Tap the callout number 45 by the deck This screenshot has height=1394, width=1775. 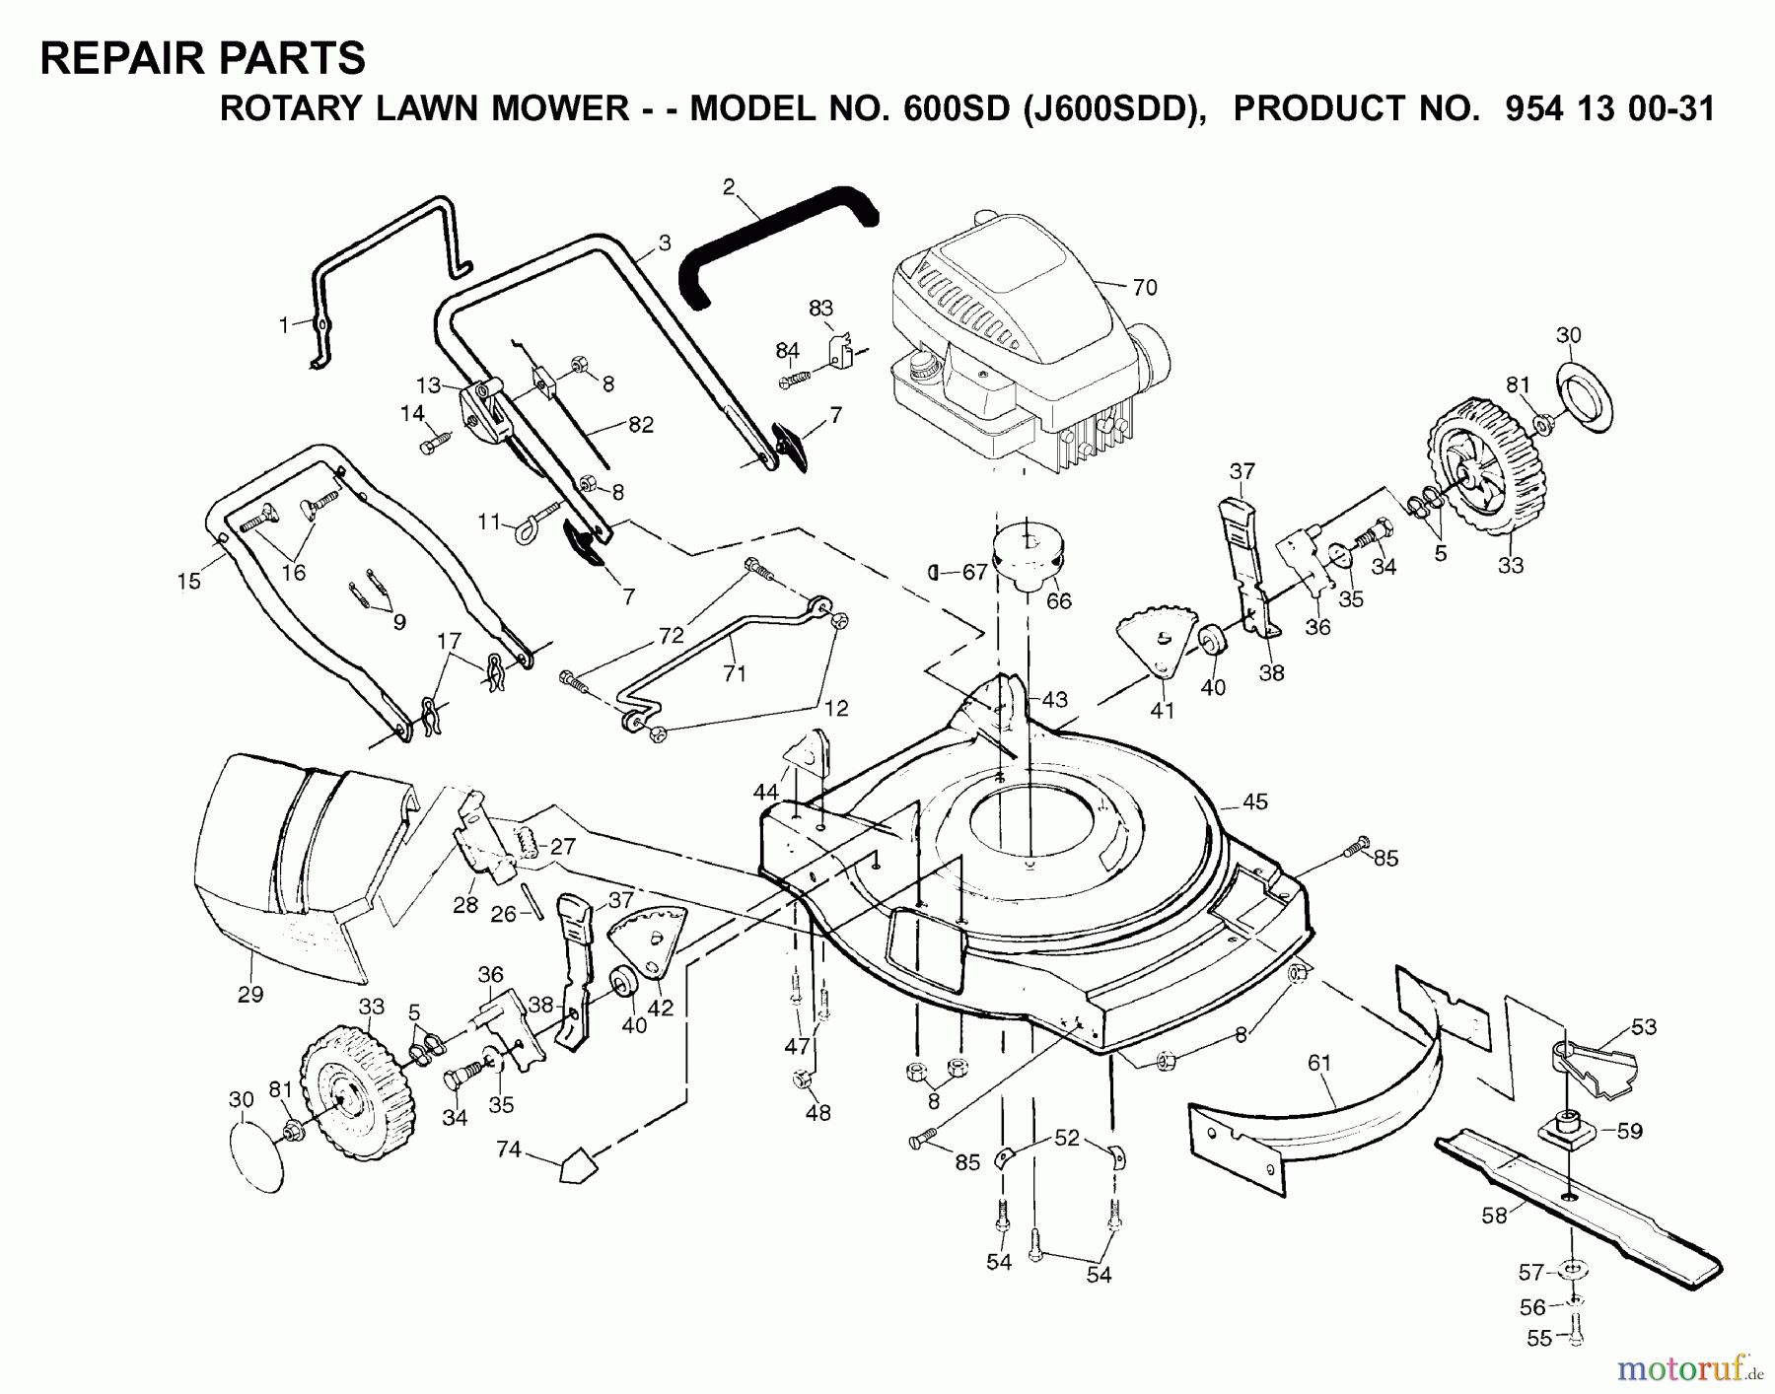coord(1254,802)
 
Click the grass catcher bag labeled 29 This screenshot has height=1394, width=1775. coord(286,868)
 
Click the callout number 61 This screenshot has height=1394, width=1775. coord(1319,1063)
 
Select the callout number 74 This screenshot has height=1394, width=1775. coord(509,1148)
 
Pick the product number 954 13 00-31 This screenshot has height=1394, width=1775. coord(1609,108)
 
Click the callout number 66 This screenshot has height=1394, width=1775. coord(1058,600)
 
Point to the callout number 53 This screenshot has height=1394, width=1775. coord(1643,1027)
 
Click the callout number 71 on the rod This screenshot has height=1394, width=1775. coord(734,673)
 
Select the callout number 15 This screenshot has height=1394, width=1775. coord(188,581)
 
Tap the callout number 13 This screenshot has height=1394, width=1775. coord(427,384)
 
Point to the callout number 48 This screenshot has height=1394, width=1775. coord(817,1112)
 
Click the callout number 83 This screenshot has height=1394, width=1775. coord(820,308)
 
